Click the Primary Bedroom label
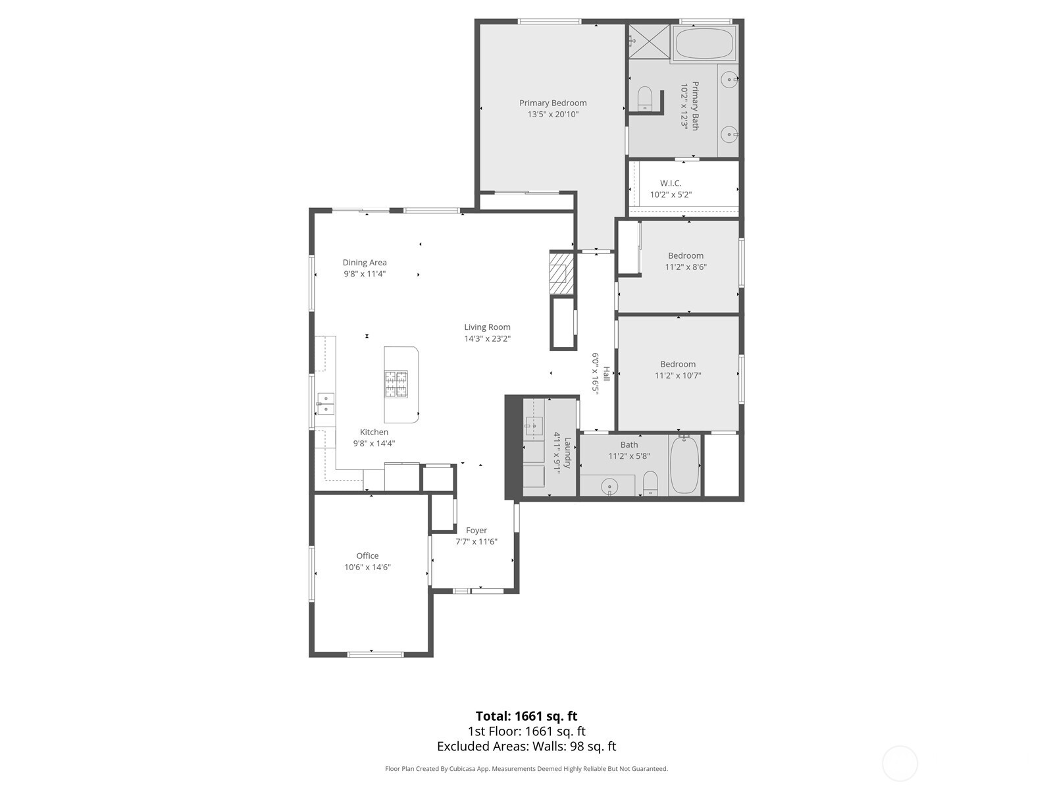[x=553, y=103]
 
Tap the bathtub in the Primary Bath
[x=704, y=43]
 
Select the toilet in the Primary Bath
[x=644, y=98]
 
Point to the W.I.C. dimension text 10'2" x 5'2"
[x=671, y=195]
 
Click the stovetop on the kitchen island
[x=396, y=384]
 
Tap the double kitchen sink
[x=326, y=404]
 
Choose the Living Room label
[x=487, y=327]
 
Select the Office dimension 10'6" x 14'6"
[x=367, y=567]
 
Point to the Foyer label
[x=476, y=531]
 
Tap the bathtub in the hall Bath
[x=684, y=464]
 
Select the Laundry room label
[x=568, y=453]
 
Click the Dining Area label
[x=365, y=263]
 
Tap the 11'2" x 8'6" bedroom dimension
[x=686, y=267]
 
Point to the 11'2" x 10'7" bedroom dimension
[x=678, y=375]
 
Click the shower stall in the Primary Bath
[x=649, y=41]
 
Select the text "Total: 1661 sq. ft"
[x=526, y=716]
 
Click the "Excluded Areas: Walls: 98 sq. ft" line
[x=526, y=747]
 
